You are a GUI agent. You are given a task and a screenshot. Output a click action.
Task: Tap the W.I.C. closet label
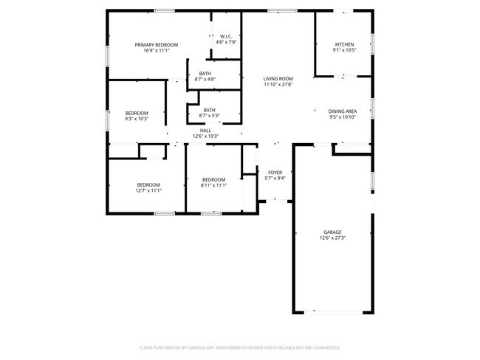point(226,35)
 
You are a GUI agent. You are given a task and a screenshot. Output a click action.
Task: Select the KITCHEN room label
point(344,45)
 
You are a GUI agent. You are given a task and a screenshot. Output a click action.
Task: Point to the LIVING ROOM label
point(278,78)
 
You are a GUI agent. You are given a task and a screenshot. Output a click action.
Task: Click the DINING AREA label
point(342,111)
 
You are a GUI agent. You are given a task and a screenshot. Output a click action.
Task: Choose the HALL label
point(205,131)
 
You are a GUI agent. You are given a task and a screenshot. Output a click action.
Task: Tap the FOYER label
point(275,173)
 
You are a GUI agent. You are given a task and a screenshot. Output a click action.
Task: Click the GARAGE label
point(332,232)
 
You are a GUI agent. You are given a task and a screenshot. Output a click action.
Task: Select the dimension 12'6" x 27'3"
point(332,238)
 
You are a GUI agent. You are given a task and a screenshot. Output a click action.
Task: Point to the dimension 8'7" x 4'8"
point(205,79)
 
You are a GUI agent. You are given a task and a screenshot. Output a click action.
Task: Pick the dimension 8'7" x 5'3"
point(210,116)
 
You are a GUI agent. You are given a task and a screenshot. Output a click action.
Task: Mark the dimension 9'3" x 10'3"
point(137,118)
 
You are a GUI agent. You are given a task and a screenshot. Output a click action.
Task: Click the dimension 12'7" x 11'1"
point(148,190)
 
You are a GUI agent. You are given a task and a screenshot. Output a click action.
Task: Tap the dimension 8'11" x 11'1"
point(213,185)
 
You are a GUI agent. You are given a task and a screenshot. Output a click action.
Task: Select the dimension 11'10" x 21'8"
point(278,84)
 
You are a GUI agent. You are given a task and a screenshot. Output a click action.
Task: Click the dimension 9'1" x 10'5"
point(344,51)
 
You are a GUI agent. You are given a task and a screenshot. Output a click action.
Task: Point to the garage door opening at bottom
point(337,311)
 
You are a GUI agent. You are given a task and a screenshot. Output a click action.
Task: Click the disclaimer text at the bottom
point(239,347)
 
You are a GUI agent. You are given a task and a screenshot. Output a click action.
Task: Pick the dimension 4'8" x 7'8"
point(226,42)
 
